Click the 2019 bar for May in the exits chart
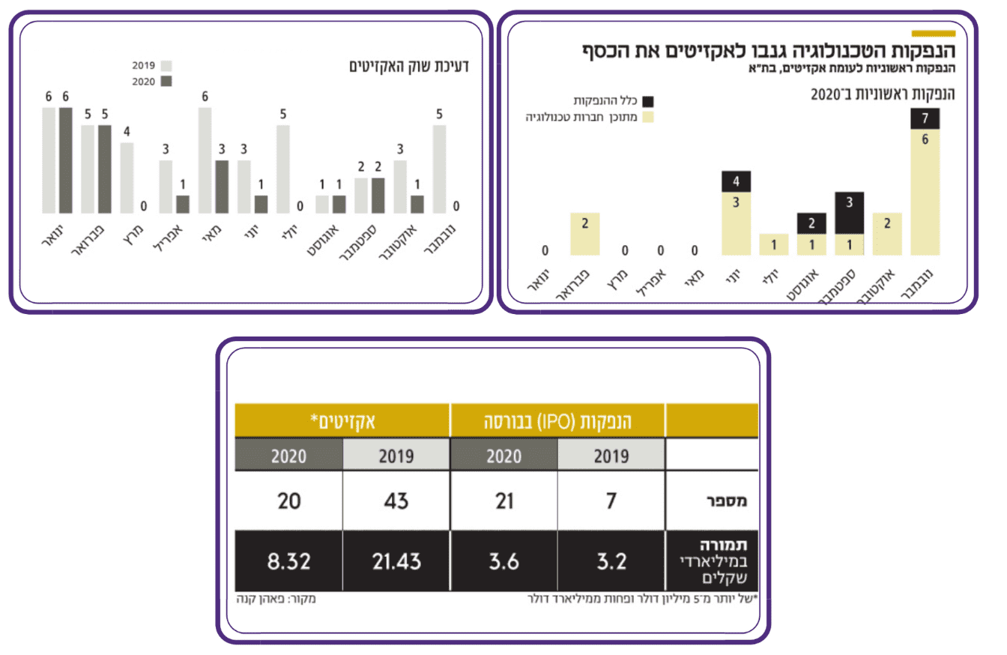[205, 160]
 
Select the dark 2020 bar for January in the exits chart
[66, 160]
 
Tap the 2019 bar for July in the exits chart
[282, 169]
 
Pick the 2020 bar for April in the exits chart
[183, 205]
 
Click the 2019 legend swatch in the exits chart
[166, 66]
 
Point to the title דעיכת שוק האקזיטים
[408, 66]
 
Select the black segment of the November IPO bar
[925, 119]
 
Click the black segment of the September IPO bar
[850, 213]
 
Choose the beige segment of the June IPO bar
[737, 223]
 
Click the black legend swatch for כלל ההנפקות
[648, 100]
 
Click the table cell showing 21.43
[396, 561]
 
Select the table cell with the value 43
[396, 501]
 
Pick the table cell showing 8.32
[288, 561]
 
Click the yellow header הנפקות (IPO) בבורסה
[557, 420]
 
